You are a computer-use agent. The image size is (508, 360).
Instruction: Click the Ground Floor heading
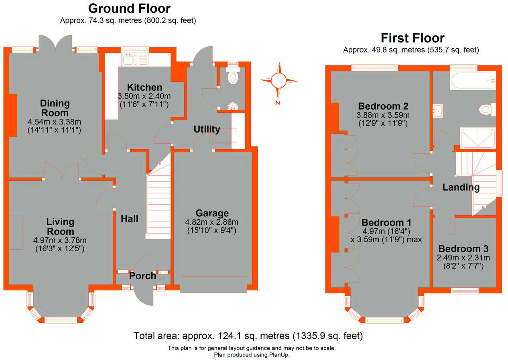(129, 8)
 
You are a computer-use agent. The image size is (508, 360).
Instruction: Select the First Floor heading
(412, 38)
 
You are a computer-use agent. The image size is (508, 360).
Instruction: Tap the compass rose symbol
(278, 81)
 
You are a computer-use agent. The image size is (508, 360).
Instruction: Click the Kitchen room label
(144, 87)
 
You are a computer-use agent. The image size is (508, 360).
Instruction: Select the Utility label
(207, 129)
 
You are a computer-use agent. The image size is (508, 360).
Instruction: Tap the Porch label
(142, 276)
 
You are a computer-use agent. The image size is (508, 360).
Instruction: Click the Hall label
(130, 219)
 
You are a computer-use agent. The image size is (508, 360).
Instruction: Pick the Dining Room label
(55, 108)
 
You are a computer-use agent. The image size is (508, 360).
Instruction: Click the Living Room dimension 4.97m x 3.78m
(60, 240)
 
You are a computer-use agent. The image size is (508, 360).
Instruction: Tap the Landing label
(461, 187)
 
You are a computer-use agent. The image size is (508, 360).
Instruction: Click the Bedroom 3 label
(463, 249)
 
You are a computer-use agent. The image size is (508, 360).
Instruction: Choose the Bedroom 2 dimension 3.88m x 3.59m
(383, 115)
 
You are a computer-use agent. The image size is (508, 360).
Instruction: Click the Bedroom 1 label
(386, 223)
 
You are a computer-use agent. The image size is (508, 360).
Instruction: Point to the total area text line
(248, 336)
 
